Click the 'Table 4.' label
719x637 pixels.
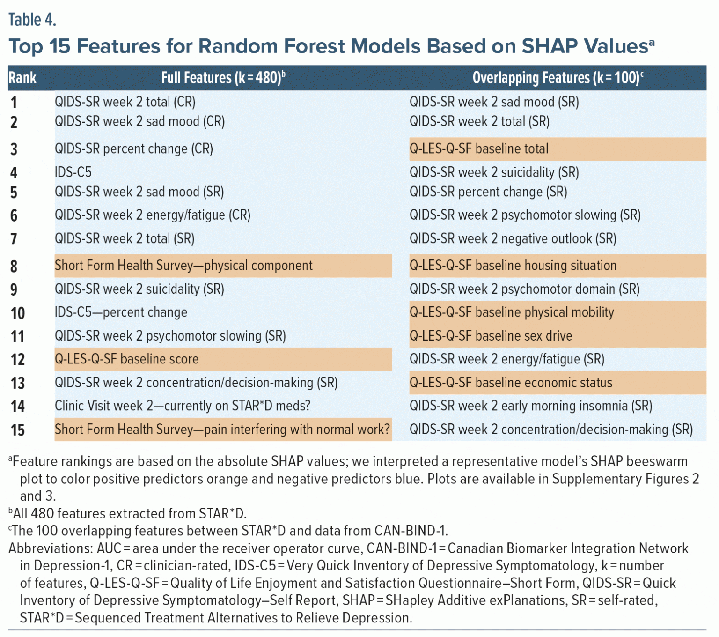tap(32, 20)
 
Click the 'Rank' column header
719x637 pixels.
tap(22, 78)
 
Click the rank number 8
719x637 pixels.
tap(14, 266)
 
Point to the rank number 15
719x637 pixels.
tap(18, 430)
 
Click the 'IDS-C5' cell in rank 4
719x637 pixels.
tap(73, 172)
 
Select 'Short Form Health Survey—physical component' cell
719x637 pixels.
tap(183, 266)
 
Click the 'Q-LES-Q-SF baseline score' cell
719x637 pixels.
tap(126, 359)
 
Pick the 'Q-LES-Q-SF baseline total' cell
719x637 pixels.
tap(479, 149)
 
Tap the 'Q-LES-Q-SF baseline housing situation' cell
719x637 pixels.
tap(513, 266)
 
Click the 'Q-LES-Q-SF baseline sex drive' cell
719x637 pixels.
tap(491, 336)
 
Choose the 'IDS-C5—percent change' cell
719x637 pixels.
tap(121, 312)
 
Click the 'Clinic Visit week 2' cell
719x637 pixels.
tap(183, 406)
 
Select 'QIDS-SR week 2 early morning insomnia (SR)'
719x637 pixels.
tap(531, 406)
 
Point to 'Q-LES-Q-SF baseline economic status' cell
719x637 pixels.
tap(511, 383)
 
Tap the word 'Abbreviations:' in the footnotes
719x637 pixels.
tap(51, 548)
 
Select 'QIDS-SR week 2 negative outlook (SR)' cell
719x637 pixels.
tap(513, 238)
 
